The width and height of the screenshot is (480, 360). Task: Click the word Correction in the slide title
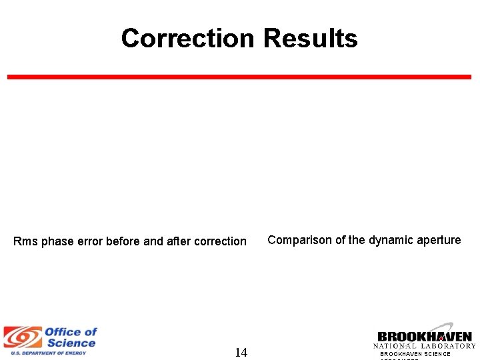pos(189,39)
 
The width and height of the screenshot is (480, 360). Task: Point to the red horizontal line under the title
pos(239,77)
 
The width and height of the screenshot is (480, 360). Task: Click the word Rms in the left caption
pos(26,241)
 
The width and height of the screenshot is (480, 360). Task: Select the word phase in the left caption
pos(57,241)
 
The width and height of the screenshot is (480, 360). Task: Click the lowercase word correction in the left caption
pos(220,241)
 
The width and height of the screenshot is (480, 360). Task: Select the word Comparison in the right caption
pos(298,240)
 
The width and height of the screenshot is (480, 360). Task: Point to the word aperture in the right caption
pos(437,240)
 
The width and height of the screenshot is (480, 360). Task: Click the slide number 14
pos(241,353)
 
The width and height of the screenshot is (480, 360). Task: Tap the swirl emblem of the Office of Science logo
pos(22,339)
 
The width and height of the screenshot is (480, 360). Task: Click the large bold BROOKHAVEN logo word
pos(424,337)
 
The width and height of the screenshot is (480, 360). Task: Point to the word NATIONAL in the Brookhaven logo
pos(397,345)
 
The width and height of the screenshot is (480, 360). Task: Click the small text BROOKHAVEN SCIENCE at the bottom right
pos(415,354)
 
